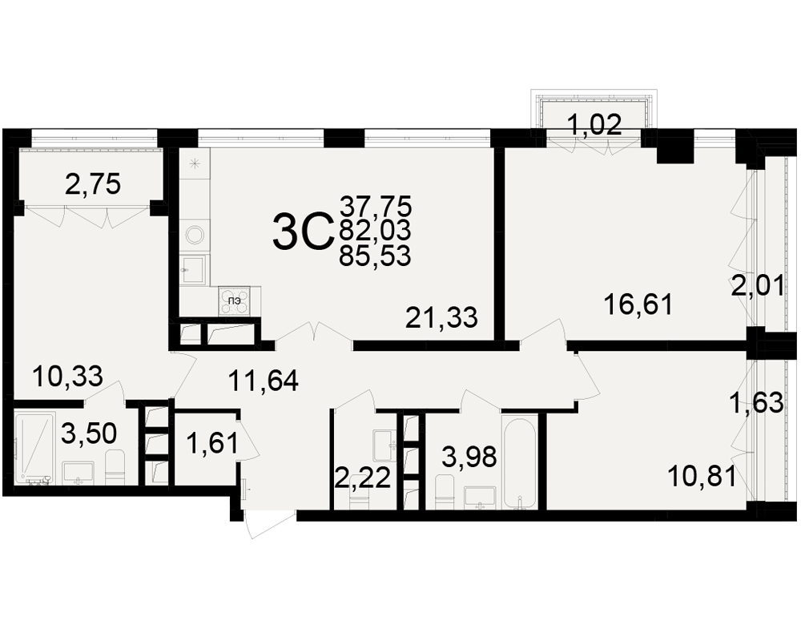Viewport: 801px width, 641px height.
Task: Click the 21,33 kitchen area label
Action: click(441, 318)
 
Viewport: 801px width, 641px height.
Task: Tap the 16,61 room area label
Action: click(638, 305)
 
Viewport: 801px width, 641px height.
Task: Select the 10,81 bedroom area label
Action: click(702, 477)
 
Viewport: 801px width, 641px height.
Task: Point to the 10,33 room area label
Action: click(67, 377)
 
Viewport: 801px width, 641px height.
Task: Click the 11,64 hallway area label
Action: click(263, 381)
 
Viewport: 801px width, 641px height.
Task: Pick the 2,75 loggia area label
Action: click(93, 184)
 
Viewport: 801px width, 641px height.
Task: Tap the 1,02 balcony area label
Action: click(594, 125)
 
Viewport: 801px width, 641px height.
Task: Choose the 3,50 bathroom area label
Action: click(89, 434)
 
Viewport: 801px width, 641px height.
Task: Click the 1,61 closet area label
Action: click(212, 443)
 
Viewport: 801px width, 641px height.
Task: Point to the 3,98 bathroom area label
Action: click(469, 457)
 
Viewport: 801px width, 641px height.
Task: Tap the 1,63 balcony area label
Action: click(757, 403)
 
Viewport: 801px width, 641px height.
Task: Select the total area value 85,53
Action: click(376, 256)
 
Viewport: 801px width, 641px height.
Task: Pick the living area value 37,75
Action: click(376, 207)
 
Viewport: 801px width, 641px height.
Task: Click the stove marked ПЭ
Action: click(235, 300)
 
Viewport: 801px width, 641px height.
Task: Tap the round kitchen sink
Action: click(195, 235)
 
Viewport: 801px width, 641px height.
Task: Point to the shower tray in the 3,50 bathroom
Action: click(34, 448)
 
